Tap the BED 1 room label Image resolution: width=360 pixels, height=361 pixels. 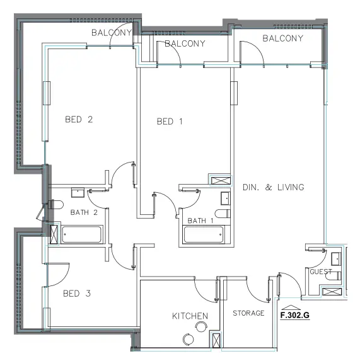169,122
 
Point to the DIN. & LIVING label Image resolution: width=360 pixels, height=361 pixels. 273,187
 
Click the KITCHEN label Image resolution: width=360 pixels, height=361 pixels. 190,316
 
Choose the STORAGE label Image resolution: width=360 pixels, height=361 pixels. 248,313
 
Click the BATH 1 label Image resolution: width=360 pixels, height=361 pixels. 201,220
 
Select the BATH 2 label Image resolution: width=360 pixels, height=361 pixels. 84,212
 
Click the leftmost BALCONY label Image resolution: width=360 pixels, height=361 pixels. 112,32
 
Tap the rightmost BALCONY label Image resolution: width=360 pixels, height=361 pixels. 282,38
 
